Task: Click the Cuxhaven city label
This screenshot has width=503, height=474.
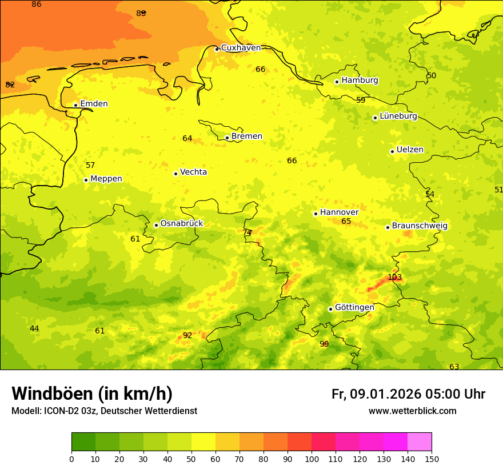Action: tap(241, 48)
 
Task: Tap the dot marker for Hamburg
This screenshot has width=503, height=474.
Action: tap(337, 82)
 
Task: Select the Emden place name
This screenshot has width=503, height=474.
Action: tap(94, 104)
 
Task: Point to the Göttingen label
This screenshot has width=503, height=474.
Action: tap(354, 307)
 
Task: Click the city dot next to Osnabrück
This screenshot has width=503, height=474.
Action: tap(156, 225)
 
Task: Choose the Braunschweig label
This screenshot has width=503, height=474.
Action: tap(420, 226)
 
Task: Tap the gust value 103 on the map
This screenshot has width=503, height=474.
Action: tap(394, 278)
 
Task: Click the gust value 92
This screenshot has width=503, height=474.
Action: tap(187, 335)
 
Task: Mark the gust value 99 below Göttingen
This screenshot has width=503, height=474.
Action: tap(324, 344)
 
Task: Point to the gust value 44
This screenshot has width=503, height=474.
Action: tap(34, 328)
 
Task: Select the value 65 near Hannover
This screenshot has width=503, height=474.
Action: tap(346, 222)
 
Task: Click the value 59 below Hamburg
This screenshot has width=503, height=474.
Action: tap(361, 100)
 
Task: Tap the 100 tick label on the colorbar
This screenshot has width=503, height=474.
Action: tap(312, 459)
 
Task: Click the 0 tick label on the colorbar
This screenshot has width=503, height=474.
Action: tap(71, 459)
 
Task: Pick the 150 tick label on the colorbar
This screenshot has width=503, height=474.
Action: tap(432, 459)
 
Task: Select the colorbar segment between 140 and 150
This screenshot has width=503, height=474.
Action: tap(420, 442)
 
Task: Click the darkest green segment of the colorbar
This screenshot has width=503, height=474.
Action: tap(83, 442)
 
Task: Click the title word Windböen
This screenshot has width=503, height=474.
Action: tap(52, 393)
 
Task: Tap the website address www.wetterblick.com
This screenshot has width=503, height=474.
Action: tap(412, 411)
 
